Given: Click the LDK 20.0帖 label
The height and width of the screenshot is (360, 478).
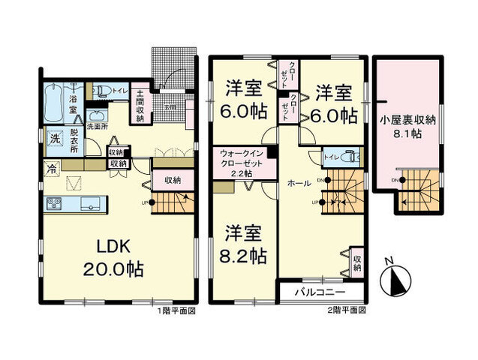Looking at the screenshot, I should [114, 257].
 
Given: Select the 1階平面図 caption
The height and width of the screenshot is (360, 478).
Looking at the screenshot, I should [177, 310].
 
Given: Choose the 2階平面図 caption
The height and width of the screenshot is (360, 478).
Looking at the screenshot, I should [347, 310].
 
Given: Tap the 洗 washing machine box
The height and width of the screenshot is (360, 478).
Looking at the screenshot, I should [55, 139].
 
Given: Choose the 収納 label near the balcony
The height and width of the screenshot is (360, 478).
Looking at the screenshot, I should [358, 262].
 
